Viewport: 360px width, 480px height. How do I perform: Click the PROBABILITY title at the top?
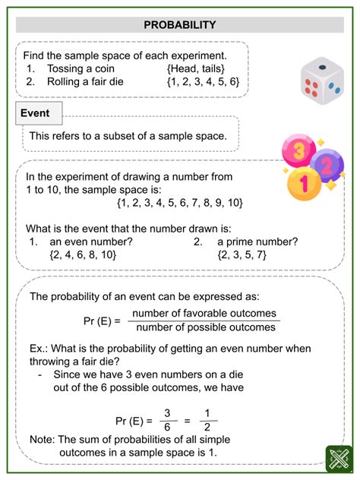click(179, 25)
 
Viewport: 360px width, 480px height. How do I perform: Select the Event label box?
click(36, 113)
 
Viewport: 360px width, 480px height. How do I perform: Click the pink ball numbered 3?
click(299, 150)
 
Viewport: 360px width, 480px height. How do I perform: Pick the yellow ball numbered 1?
click(305, 183)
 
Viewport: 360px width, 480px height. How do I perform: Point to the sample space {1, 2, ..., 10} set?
click(180, 202)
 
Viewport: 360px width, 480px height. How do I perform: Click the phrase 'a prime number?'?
click(255, 242)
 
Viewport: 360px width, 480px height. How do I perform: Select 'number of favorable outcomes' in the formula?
click(204, 314)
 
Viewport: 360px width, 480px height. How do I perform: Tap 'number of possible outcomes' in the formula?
click(204, 328)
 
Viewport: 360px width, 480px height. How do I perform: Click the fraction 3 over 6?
click(168, 420)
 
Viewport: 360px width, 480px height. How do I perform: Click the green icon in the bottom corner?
click(335, 457)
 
